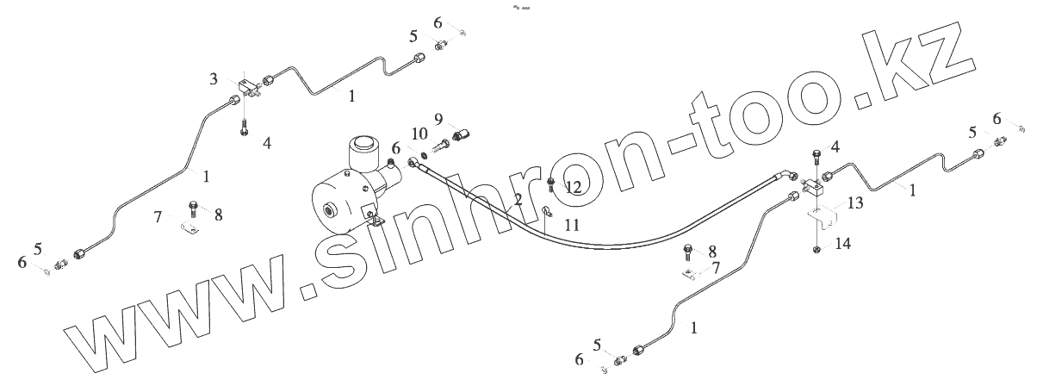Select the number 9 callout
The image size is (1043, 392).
click(438, 118)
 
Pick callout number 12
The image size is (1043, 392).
click(574, 186)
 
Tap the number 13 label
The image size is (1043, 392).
click(854, 203)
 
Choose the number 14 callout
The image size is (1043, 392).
click(843, 244)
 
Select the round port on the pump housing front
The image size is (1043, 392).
click(329, 211)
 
